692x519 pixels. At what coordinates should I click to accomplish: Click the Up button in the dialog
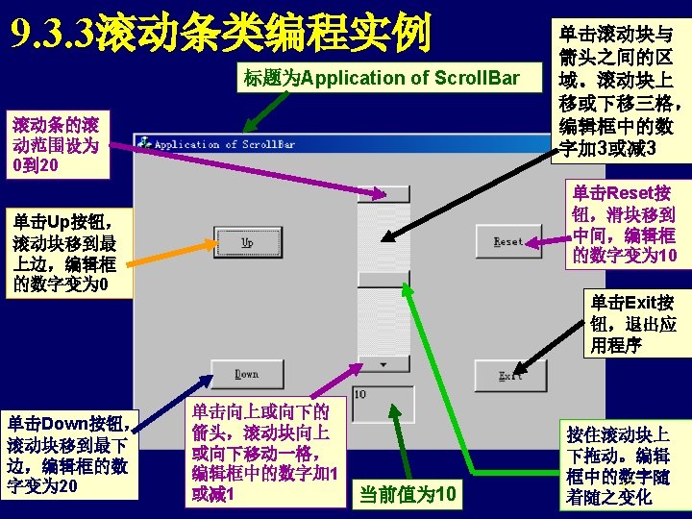point(247,241)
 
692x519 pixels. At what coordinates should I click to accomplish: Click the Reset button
point(507,241)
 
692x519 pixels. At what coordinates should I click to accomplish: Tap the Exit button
point(508,375)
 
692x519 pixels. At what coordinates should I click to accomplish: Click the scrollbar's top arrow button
point(383,193)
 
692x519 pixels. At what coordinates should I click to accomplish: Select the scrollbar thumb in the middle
point(383,279)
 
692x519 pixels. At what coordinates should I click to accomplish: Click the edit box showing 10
point(383,401)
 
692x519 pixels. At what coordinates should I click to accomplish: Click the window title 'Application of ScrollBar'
point(225,145)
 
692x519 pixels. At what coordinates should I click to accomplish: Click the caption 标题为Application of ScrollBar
point(382,78)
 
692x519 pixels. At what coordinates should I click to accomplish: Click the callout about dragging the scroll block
point(620,464)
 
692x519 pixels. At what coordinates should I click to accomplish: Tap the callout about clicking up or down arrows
point(265,452)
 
